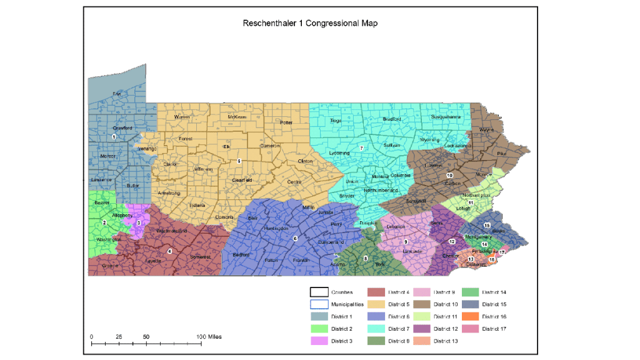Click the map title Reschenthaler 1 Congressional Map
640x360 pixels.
tap(310, 23)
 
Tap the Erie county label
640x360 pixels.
tap(116, 94)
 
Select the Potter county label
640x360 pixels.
tap(286, 122)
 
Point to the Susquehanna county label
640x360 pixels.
tap(446, 117)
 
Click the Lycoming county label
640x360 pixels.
tap(339, 152)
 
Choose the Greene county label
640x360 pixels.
tap(109, 265)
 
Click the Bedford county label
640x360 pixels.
tap(240, 255)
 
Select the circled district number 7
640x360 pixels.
tap(361, 148)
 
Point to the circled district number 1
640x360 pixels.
tap(114, 136)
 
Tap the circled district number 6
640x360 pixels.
tap(295, 238)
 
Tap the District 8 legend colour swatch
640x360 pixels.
tap(377, 341)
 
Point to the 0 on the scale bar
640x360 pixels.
tap(91, 337)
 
